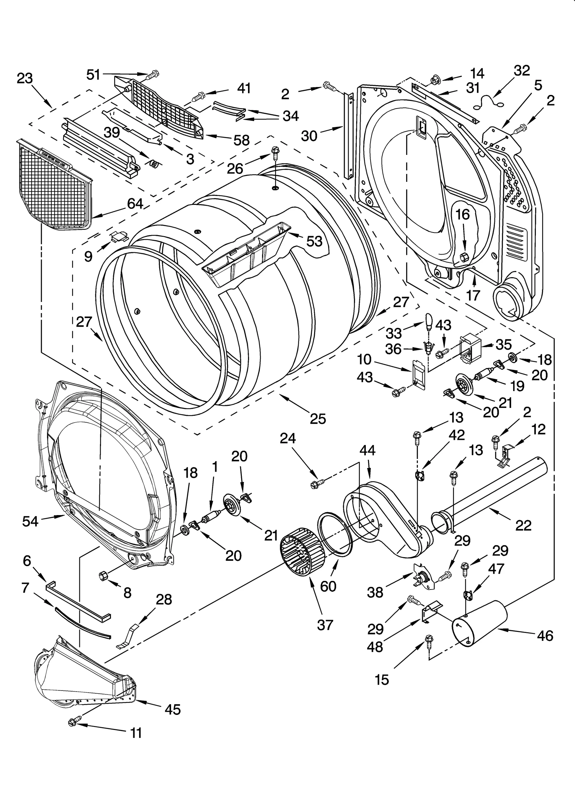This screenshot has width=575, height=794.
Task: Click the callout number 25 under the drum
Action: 318,419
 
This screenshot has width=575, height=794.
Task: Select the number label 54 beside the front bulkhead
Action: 30,521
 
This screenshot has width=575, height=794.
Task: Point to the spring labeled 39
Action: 154,164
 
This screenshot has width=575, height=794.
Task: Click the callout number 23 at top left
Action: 25,78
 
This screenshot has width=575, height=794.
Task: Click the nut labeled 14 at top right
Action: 436,78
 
